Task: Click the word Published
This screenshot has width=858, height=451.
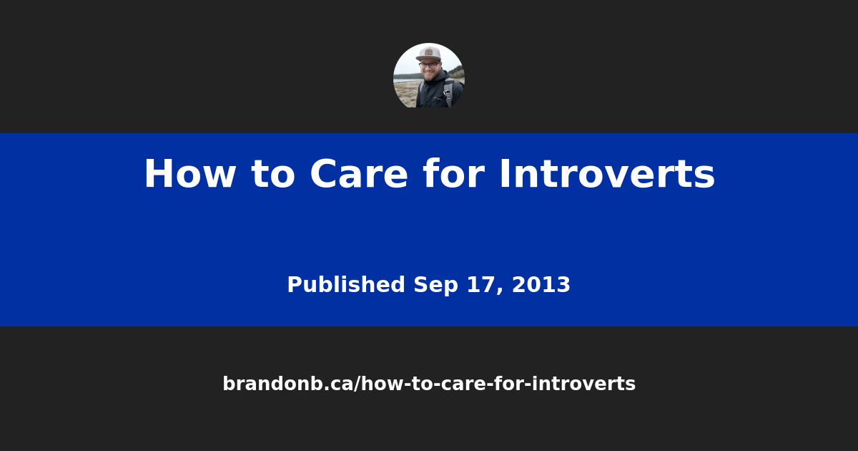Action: [x=346, y=285]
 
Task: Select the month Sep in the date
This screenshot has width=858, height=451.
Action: [x=431, y=285]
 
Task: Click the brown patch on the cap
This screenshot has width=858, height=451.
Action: [x=428, y=52]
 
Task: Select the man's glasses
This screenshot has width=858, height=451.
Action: [x=429, y=65]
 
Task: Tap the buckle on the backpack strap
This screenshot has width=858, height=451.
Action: [x=446, y=92]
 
